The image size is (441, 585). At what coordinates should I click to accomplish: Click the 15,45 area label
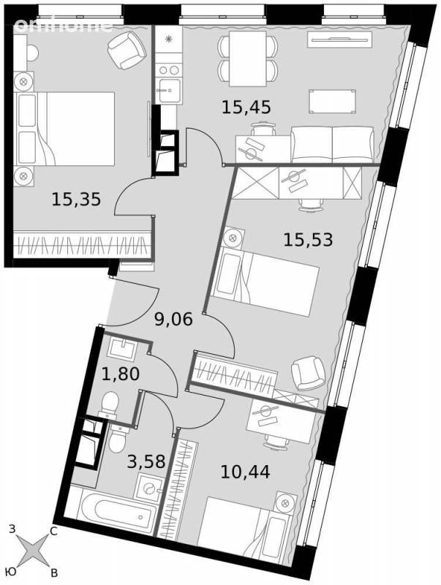(246, 107)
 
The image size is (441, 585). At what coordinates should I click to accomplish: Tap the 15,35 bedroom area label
(76, 199)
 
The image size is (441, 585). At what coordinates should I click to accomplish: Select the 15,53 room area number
(308, 239)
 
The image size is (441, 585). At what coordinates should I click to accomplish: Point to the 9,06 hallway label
(173, 320)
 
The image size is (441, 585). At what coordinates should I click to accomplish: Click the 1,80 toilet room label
(121, 374)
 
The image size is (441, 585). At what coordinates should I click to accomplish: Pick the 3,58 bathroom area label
(146, 461)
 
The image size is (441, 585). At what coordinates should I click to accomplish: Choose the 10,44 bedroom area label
(245, 472)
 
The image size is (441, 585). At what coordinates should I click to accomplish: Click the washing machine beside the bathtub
(149, 488)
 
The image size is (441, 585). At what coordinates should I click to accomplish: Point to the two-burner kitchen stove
(169, 69)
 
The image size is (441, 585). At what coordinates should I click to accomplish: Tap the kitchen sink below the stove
(169, 90)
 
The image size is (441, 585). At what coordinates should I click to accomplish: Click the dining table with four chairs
(248, 58)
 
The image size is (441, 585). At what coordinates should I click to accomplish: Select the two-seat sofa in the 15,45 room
(333, 144)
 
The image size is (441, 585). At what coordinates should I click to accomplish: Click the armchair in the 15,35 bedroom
(127, 50)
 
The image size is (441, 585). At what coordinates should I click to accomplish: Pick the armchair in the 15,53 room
(308, 374)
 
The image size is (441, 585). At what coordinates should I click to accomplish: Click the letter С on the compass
(53, 532)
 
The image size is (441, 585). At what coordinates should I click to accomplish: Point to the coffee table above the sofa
(333, 102)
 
